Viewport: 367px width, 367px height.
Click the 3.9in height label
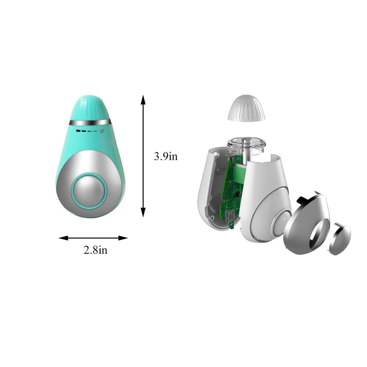(x=165, y=156)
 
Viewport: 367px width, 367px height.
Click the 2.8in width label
(x=95, y=250)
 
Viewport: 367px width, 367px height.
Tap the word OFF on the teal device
(x=102, y=131)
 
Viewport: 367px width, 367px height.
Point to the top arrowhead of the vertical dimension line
(x=143, y=99)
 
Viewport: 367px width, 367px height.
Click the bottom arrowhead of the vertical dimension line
(x=143, y=212)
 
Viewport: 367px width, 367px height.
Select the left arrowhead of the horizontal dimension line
(x=63, y=238)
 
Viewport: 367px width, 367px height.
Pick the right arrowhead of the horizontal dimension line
(x=123, y=238)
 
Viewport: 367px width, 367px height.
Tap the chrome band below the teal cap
(x=90, y=123)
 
